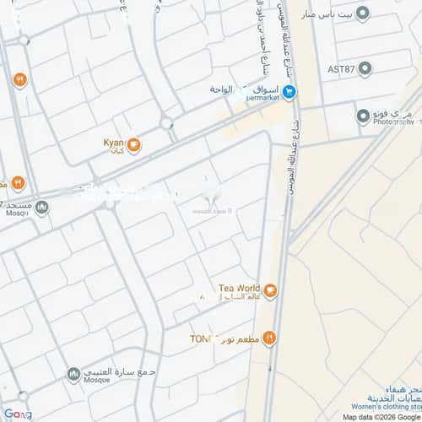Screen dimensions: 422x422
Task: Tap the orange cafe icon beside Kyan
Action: (x=135, y=146)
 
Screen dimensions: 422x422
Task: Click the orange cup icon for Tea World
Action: (x=270, y=292)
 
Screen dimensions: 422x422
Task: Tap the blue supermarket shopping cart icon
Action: (x=289, y=93)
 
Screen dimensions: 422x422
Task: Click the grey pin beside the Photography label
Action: (x=361, y=115)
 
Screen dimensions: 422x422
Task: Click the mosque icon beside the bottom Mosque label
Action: (x=73, y=373)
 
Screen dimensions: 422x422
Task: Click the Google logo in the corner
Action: (x=17, y=414)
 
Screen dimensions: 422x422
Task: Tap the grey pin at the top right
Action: (x=364, y=14)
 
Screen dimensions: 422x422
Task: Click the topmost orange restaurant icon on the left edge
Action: (x=18, y=80)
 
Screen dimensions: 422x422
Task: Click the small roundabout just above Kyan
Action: (x=167, y=125)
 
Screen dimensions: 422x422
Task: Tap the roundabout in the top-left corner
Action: (x=23, y=40)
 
